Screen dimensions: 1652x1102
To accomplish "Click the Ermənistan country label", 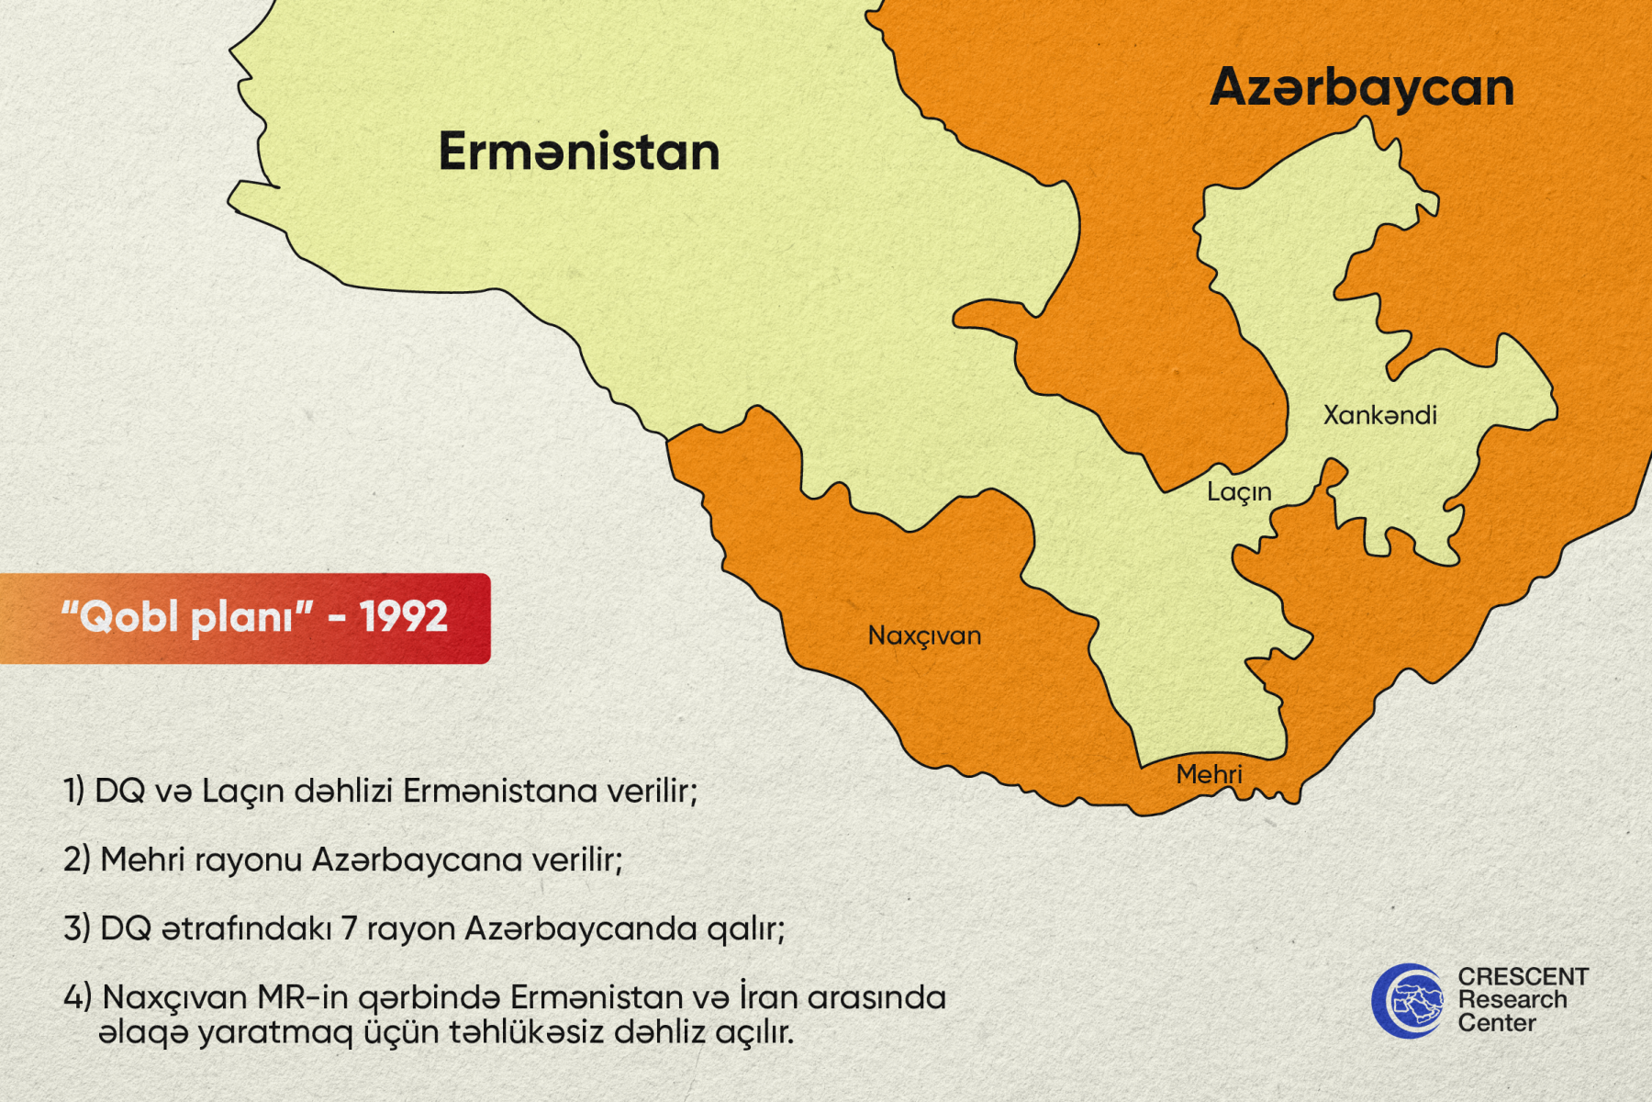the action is [579, 152].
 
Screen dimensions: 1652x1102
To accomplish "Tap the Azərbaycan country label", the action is [1362, 88].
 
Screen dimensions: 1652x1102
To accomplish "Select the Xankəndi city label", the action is [1379, 415].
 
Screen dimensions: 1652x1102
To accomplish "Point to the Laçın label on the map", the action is [1239, 492].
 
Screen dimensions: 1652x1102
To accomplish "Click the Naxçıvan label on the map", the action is [924, 635].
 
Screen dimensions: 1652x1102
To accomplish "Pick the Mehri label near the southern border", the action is [1209, 774].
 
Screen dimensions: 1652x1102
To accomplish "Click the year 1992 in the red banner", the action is [404, 616].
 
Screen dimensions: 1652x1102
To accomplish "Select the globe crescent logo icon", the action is [1408, 1001].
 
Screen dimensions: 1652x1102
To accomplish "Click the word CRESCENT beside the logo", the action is [1524, 976].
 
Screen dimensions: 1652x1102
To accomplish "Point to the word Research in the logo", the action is [1512, 999].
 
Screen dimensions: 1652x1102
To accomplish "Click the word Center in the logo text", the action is [1497, 1023].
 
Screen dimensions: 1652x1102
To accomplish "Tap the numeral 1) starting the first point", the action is [73, 791].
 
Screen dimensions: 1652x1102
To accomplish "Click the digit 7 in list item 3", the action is [349, 928].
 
